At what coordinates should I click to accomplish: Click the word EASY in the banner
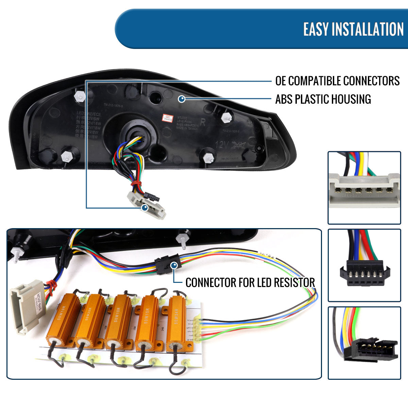316,30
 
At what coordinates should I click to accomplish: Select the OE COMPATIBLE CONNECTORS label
337,81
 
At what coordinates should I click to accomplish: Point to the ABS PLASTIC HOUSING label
323,99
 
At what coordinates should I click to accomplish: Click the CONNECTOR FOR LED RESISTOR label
250,282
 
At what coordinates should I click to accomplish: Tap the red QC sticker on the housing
166,117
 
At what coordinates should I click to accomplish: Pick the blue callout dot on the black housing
182,99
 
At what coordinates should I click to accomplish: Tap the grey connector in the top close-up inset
364,190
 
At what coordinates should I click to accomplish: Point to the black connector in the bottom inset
371,350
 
